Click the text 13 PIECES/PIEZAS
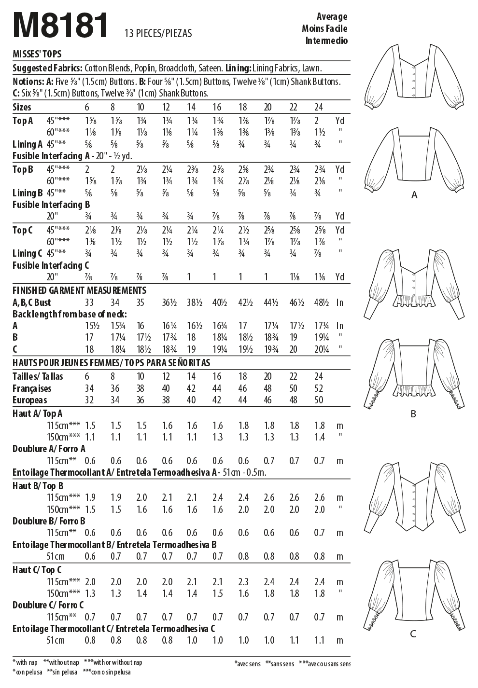click(158, 33)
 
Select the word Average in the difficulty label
click(332, 17)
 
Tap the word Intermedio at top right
click(326, 41)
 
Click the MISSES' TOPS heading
click(37, 55)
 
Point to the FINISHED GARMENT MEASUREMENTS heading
click(79, 290)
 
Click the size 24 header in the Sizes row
click(319, 107)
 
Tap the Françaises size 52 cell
click(319, 388)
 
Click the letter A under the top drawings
click(414, 195)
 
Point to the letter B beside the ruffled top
click(413, 414)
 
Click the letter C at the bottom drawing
click(413, 634)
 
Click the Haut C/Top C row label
click(37, 570)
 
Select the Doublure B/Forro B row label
click(49, 521)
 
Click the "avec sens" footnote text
click(248, 664)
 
